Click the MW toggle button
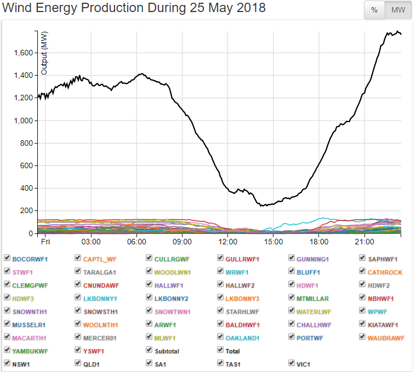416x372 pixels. coord(398,10)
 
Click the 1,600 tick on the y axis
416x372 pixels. coord(23,53)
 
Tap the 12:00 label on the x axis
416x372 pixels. coord(227,242)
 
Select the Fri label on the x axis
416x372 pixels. coord(45,242)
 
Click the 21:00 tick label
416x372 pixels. coord(364,242)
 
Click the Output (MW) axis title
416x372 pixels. coord(44,52)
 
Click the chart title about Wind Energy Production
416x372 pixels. coord(134,8)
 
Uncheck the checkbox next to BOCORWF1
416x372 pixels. coord(7,258)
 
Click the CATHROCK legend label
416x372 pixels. coord(385,272)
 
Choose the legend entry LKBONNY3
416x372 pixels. coord(242,299)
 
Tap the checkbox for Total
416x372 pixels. coord(220,350)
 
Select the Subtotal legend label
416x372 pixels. coord(167,351)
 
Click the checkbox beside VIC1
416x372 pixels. coord(292,363)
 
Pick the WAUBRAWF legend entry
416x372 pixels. coord(386,338)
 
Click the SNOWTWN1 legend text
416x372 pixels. coord(172,312)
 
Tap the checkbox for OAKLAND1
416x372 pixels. coord(220,337)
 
